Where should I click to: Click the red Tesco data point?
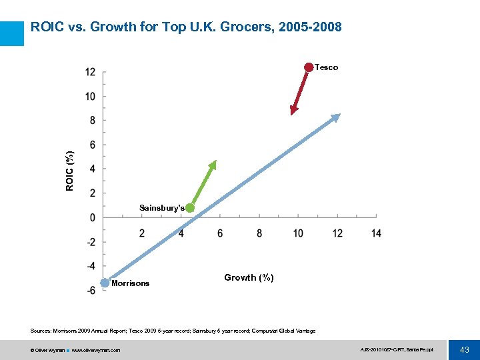(309, 67)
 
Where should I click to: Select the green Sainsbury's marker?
(190, 208)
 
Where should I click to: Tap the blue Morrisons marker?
(105, 283)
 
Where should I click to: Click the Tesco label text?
(326, 67)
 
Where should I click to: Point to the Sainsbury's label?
(161, 208)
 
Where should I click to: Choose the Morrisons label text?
(131, 283)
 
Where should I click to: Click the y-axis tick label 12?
(90, 72)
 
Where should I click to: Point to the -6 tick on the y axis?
(90, 290)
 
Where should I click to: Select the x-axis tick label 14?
(377, 233)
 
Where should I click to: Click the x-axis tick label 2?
(142, 233)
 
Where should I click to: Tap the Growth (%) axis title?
(249, 277)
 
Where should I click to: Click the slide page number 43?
(464, 350)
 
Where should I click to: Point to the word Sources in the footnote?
(40, 331)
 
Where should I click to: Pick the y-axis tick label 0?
(93, 218)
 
